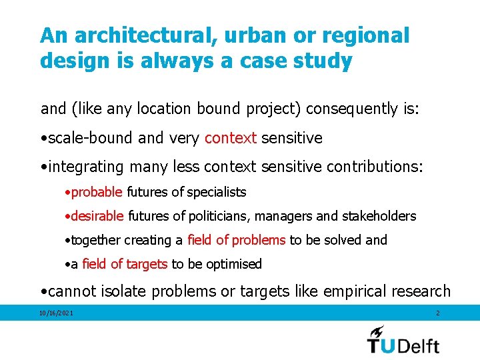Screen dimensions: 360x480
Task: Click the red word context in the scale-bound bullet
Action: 231,138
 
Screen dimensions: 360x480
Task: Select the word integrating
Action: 85,166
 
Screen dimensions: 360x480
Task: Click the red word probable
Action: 97,192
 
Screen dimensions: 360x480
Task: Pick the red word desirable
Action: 97,216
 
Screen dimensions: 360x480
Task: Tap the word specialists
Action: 217,192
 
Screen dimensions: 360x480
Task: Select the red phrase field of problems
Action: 236,240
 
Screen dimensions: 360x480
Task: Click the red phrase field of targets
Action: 125,264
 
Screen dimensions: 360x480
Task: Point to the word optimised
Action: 233,264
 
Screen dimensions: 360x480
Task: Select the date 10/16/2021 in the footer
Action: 56,313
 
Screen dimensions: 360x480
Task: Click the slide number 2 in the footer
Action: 437,313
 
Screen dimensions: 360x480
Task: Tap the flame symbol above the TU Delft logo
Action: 377,331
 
